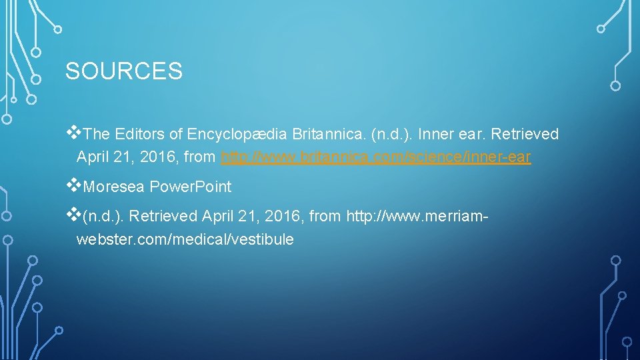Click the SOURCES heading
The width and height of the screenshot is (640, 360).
point(123,71)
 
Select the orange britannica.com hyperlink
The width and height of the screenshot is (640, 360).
point(376,158)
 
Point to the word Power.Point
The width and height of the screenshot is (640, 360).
point(191,187)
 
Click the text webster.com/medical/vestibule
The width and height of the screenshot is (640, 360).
point(185,239)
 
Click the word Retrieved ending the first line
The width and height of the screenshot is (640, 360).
point(525,134)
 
